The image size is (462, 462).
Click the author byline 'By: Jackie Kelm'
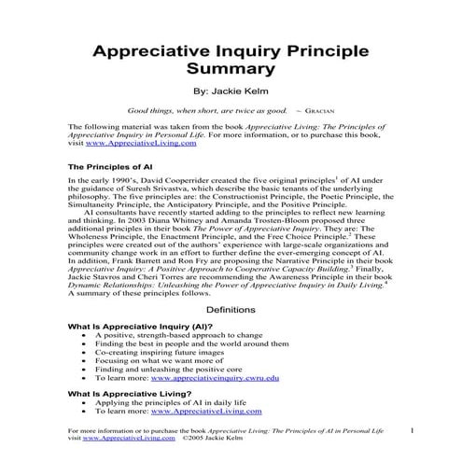coord(231,92)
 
